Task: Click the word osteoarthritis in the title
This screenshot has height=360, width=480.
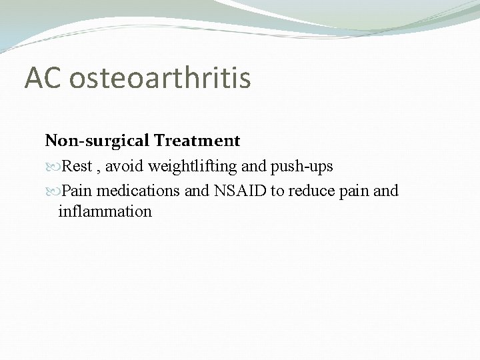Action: pos(160,78)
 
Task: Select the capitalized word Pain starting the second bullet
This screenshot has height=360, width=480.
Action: pos(77,191)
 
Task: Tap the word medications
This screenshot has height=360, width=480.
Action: pos(137,191)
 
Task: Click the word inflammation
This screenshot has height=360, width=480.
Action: pos(105,212)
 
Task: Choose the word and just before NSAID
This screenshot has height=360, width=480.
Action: pos(197,191)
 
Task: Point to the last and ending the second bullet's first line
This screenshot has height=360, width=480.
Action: pos(387,191)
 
